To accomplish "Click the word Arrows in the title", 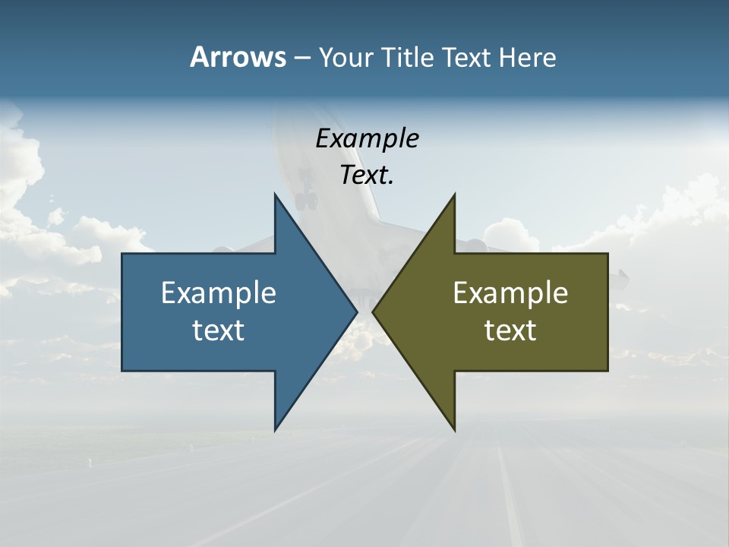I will (x=238, y=57).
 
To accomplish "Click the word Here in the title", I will (x=527, y=58).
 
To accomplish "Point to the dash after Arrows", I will (x=301, y=58).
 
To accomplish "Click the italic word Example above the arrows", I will (x=367, y=138).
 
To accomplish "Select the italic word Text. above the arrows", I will (x=367, y=175).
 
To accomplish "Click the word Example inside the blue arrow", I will (x=219, y=293).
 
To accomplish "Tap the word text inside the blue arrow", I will (x=219, y=330).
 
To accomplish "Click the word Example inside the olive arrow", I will (x=510, y=293).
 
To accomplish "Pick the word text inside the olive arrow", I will (x=510, y=330).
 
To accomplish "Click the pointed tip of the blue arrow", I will (x=356, y=311).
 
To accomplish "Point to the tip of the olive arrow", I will (x=374, y=311).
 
